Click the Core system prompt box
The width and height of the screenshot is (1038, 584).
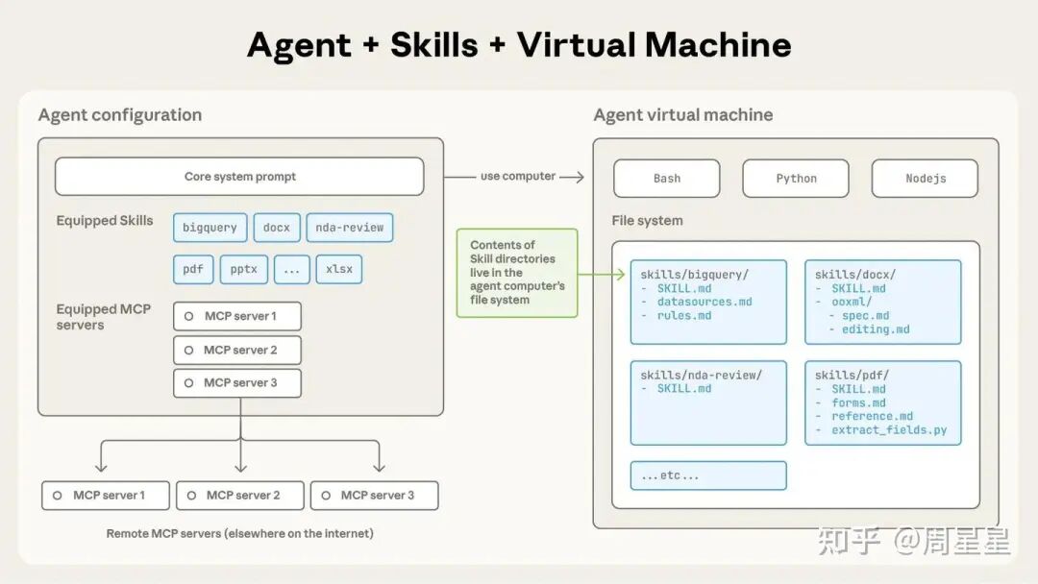click(239, 177)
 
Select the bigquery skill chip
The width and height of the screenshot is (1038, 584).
click(210, 228)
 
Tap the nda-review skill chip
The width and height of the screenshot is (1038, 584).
click(349, 228)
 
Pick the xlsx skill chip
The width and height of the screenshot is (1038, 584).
click(338, 269)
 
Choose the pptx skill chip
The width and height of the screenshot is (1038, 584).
click(243, 269)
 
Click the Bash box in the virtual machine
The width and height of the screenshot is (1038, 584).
click(666, 179)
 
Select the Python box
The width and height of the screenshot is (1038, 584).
click(796, 179)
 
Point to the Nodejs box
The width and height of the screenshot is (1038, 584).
click(925, 179)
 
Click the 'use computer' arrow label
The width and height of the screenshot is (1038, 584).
click(518, 176)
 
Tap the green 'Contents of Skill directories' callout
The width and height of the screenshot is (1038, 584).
click(517, 273)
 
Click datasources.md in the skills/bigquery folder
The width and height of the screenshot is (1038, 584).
click(704, 302)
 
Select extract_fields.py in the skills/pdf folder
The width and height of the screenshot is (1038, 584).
click(889, 429)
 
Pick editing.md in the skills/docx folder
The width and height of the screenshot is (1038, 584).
click(876, 329)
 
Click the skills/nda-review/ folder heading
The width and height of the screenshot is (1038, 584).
click(701, 375)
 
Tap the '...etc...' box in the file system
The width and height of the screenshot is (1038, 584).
click(708, 475)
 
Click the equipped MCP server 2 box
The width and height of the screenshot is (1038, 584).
click(237, 350)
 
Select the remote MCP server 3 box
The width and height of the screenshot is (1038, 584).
click(374, 496)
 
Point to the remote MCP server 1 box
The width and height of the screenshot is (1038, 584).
click(106, 496)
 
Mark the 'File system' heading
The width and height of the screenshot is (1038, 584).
click(647, 221)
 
